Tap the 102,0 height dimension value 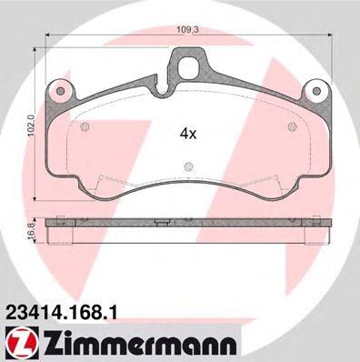click(33, 126)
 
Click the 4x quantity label click(188, 133)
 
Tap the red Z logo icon click(21, 345)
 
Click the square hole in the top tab click(187, 67)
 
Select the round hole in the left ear click(61, 91)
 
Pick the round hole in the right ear click(316, 91)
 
